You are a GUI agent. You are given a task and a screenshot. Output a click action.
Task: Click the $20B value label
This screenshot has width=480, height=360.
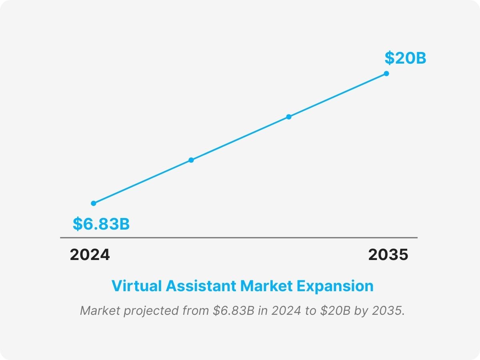click(405, 58)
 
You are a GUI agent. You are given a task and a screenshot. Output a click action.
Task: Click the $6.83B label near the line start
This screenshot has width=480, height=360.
click(101, 224)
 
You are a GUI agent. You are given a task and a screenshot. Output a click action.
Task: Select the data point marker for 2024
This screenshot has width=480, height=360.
click(94, 203)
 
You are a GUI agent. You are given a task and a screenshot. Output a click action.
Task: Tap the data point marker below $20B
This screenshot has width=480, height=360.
click(386, 74)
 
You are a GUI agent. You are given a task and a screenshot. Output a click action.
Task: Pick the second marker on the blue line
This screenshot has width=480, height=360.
click(191, 160)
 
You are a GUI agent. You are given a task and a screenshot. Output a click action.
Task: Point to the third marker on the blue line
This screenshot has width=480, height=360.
click(289, 117)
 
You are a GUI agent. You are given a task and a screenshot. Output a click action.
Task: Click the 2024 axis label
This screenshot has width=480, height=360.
click(90, 255)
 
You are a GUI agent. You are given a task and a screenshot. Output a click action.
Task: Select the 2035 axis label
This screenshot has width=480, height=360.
click(388, 255)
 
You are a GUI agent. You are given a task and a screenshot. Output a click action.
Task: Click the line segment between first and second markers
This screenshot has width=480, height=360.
click(142, 182)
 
